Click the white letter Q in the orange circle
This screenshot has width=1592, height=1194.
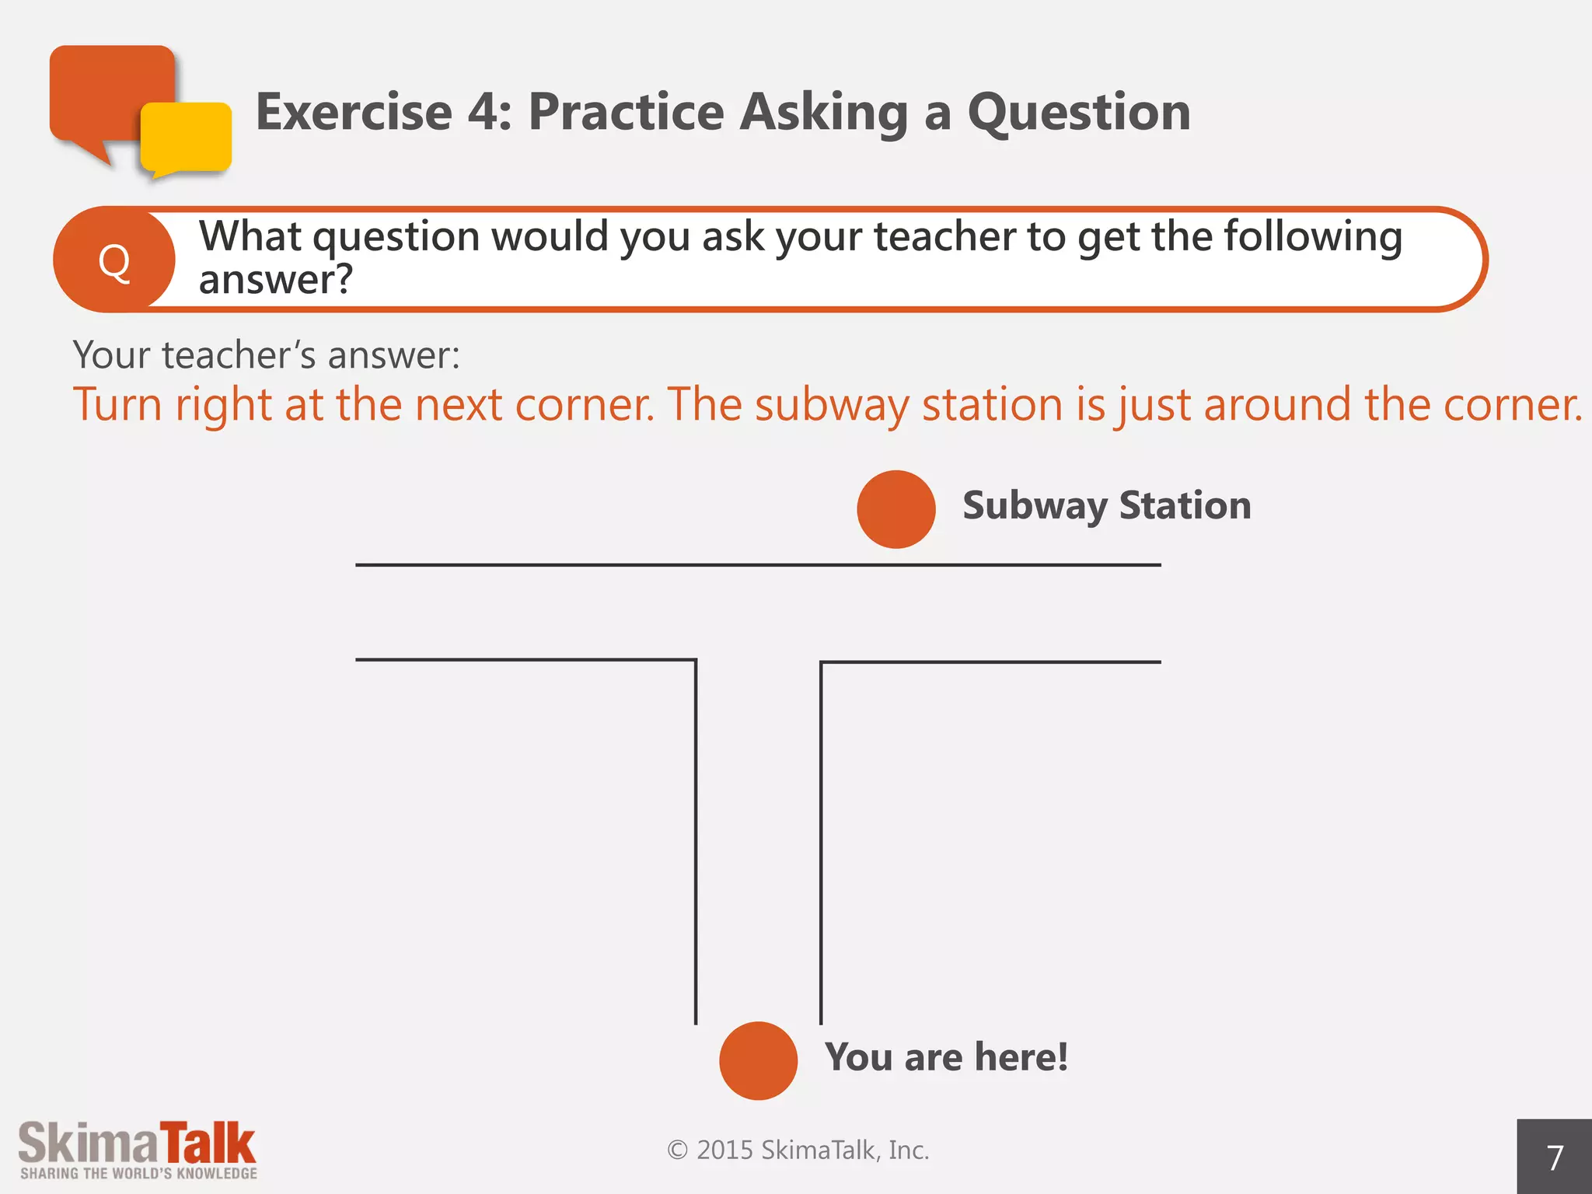point(114,262)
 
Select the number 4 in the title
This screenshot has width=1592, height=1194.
point(484,112)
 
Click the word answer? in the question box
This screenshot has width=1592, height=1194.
point(276,280)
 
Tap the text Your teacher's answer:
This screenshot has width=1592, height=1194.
point(267,355)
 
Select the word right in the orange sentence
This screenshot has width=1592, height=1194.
point(223,405)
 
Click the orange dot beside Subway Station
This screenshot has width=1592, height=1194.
point(895,509)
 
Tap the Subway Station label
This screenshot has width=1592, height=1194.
point(1107,505)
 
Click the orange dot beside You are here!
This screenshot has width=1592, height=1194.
point(758,1060)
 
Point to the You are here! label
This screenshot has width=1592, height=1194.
point(946,1057)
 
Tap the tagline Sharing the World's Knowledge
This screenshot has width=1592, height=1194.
point(138,1174)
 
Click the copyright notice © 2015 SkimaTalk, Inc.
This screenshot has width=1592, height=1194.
point(798,1150)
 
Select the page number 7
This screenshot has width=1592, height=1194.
point(1555,1158)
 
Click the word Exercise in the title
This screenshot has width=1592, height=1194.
point(354,112)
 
